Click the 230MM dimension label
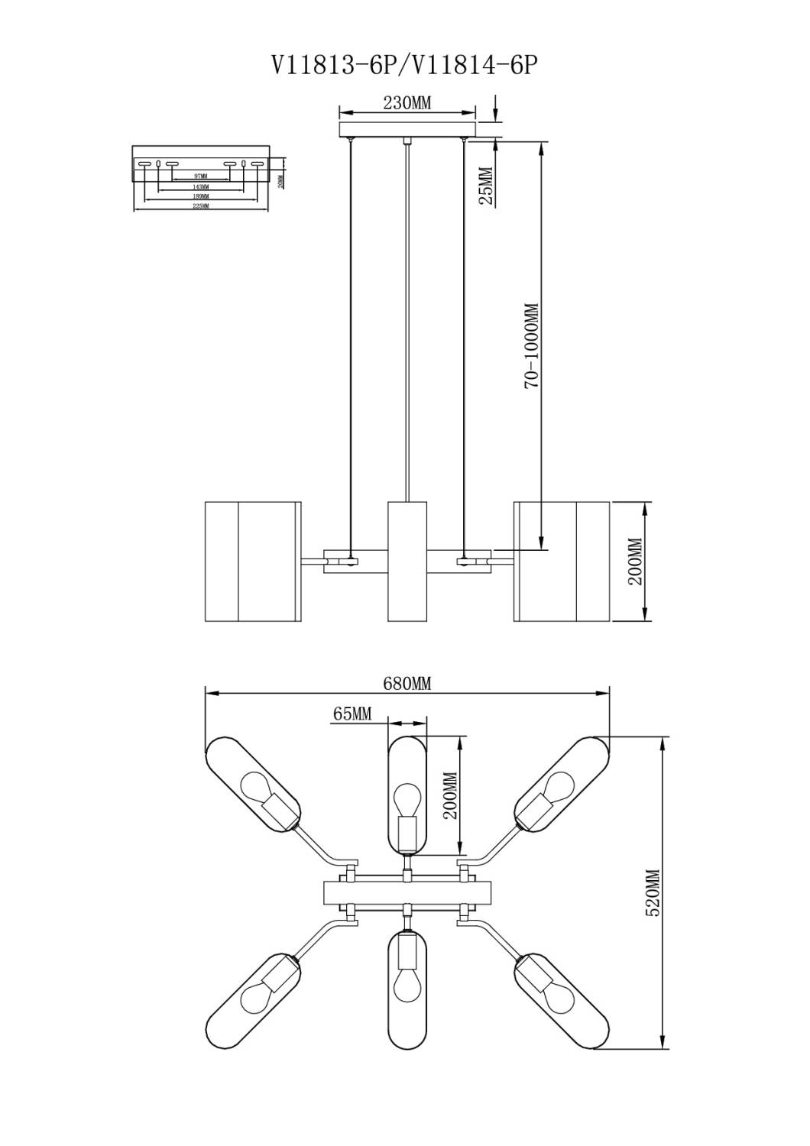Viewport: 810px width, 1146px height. (407, 103)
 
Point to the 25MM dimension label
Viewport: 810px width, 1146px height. (486, 186)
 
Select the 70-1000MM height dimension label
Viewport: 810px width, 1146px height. (532, 345)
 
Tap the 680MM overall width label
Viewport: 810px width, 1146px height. (407, 684)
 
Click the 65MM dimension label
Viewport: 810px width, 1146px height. (352, 714)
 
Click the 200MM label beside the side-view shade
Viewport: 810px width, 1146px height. (636, 562)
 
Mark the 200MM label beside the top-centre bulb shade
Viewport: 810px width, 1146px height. (451, 795)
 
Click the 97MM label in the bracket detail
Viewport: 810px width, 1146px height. (201, 176)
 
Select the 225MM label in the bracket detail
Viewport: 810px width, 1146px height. (201, 206)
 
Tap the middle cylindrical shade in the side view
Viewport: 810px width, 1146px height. (407, 562)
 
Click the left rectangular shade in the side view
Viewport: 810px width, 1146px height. (252, 562)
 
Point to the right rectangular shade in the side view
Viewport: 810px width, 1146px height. (562, 562)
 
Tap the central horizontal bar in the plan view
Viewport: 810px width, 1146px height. (407, 892)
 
